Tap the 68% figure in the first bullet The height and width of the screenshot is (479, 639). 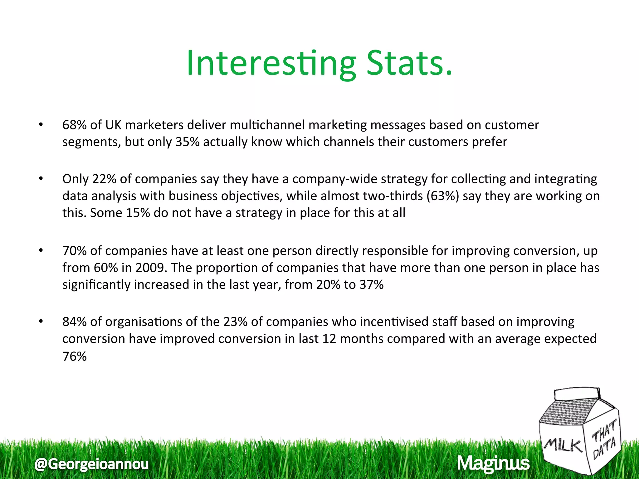[74, 125]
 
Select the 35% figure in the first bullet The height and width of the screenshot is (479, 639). [187, 142]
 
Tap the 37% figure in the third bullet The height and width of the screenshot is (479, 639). [371, 285]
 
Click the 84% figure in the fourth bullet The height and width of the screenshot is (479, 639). [74, 322]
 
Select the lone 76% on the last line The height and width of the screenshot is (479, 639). [74, 356]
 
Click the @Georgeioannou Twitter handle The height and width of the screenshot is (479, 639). [91, 464]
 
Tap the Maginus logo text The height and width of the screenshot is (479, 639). [493, 463]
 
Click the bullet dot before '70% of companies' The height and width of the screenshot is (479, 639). [41, 250]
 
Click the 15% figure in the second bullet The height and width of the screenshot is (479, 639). [138, 213]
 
